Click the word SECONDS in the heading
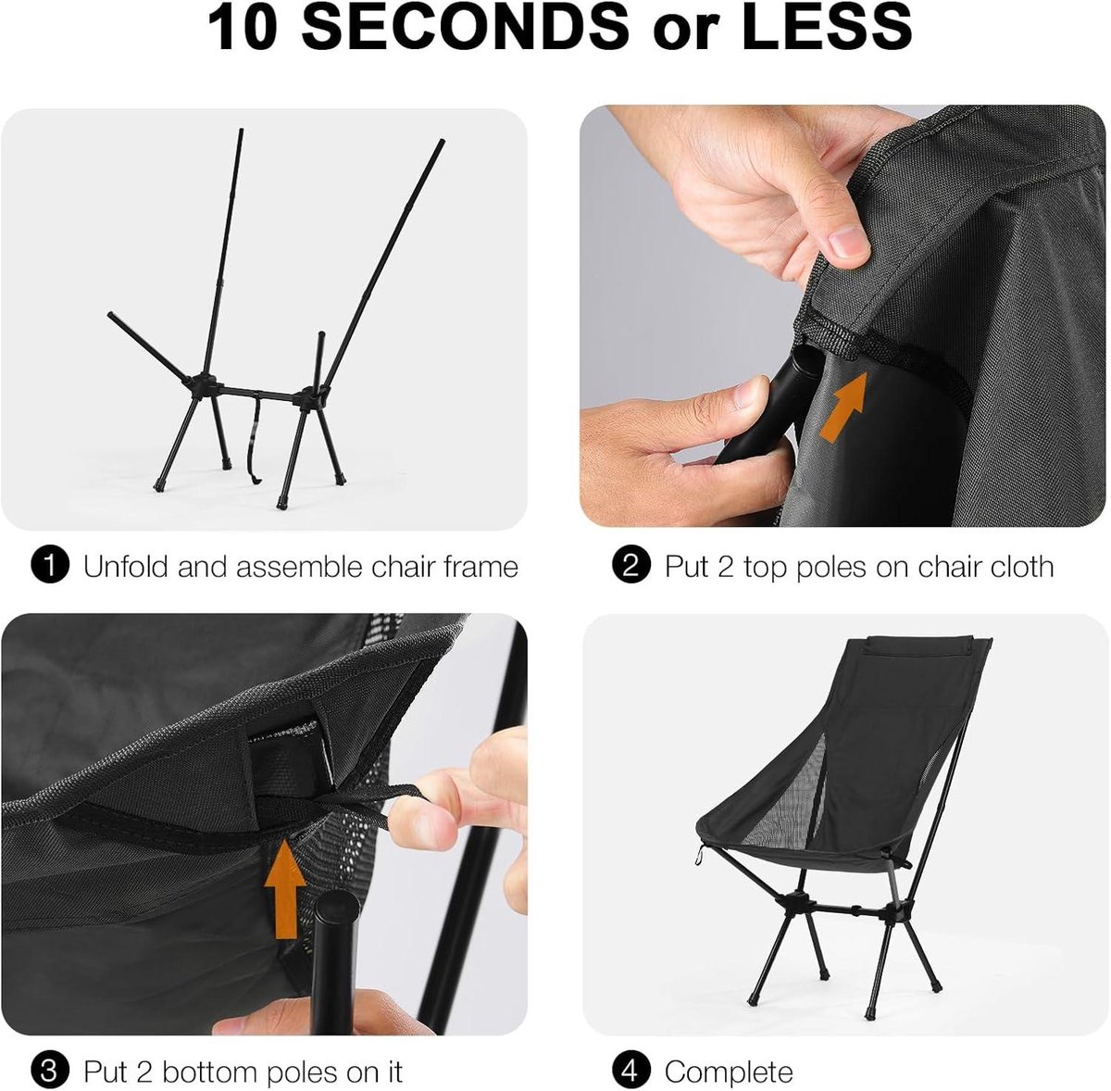(x=465, y=27)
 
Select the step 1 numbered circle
(x=50, y=565)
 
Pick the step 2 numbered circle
(x=630, y=565)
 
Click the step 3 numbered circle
(x=50, y=1072)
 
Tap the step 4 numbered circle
(x=630, y=1072)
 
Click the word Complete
(x=729, y=1072)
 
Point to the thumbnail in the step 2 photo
(x=848, y=242)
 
